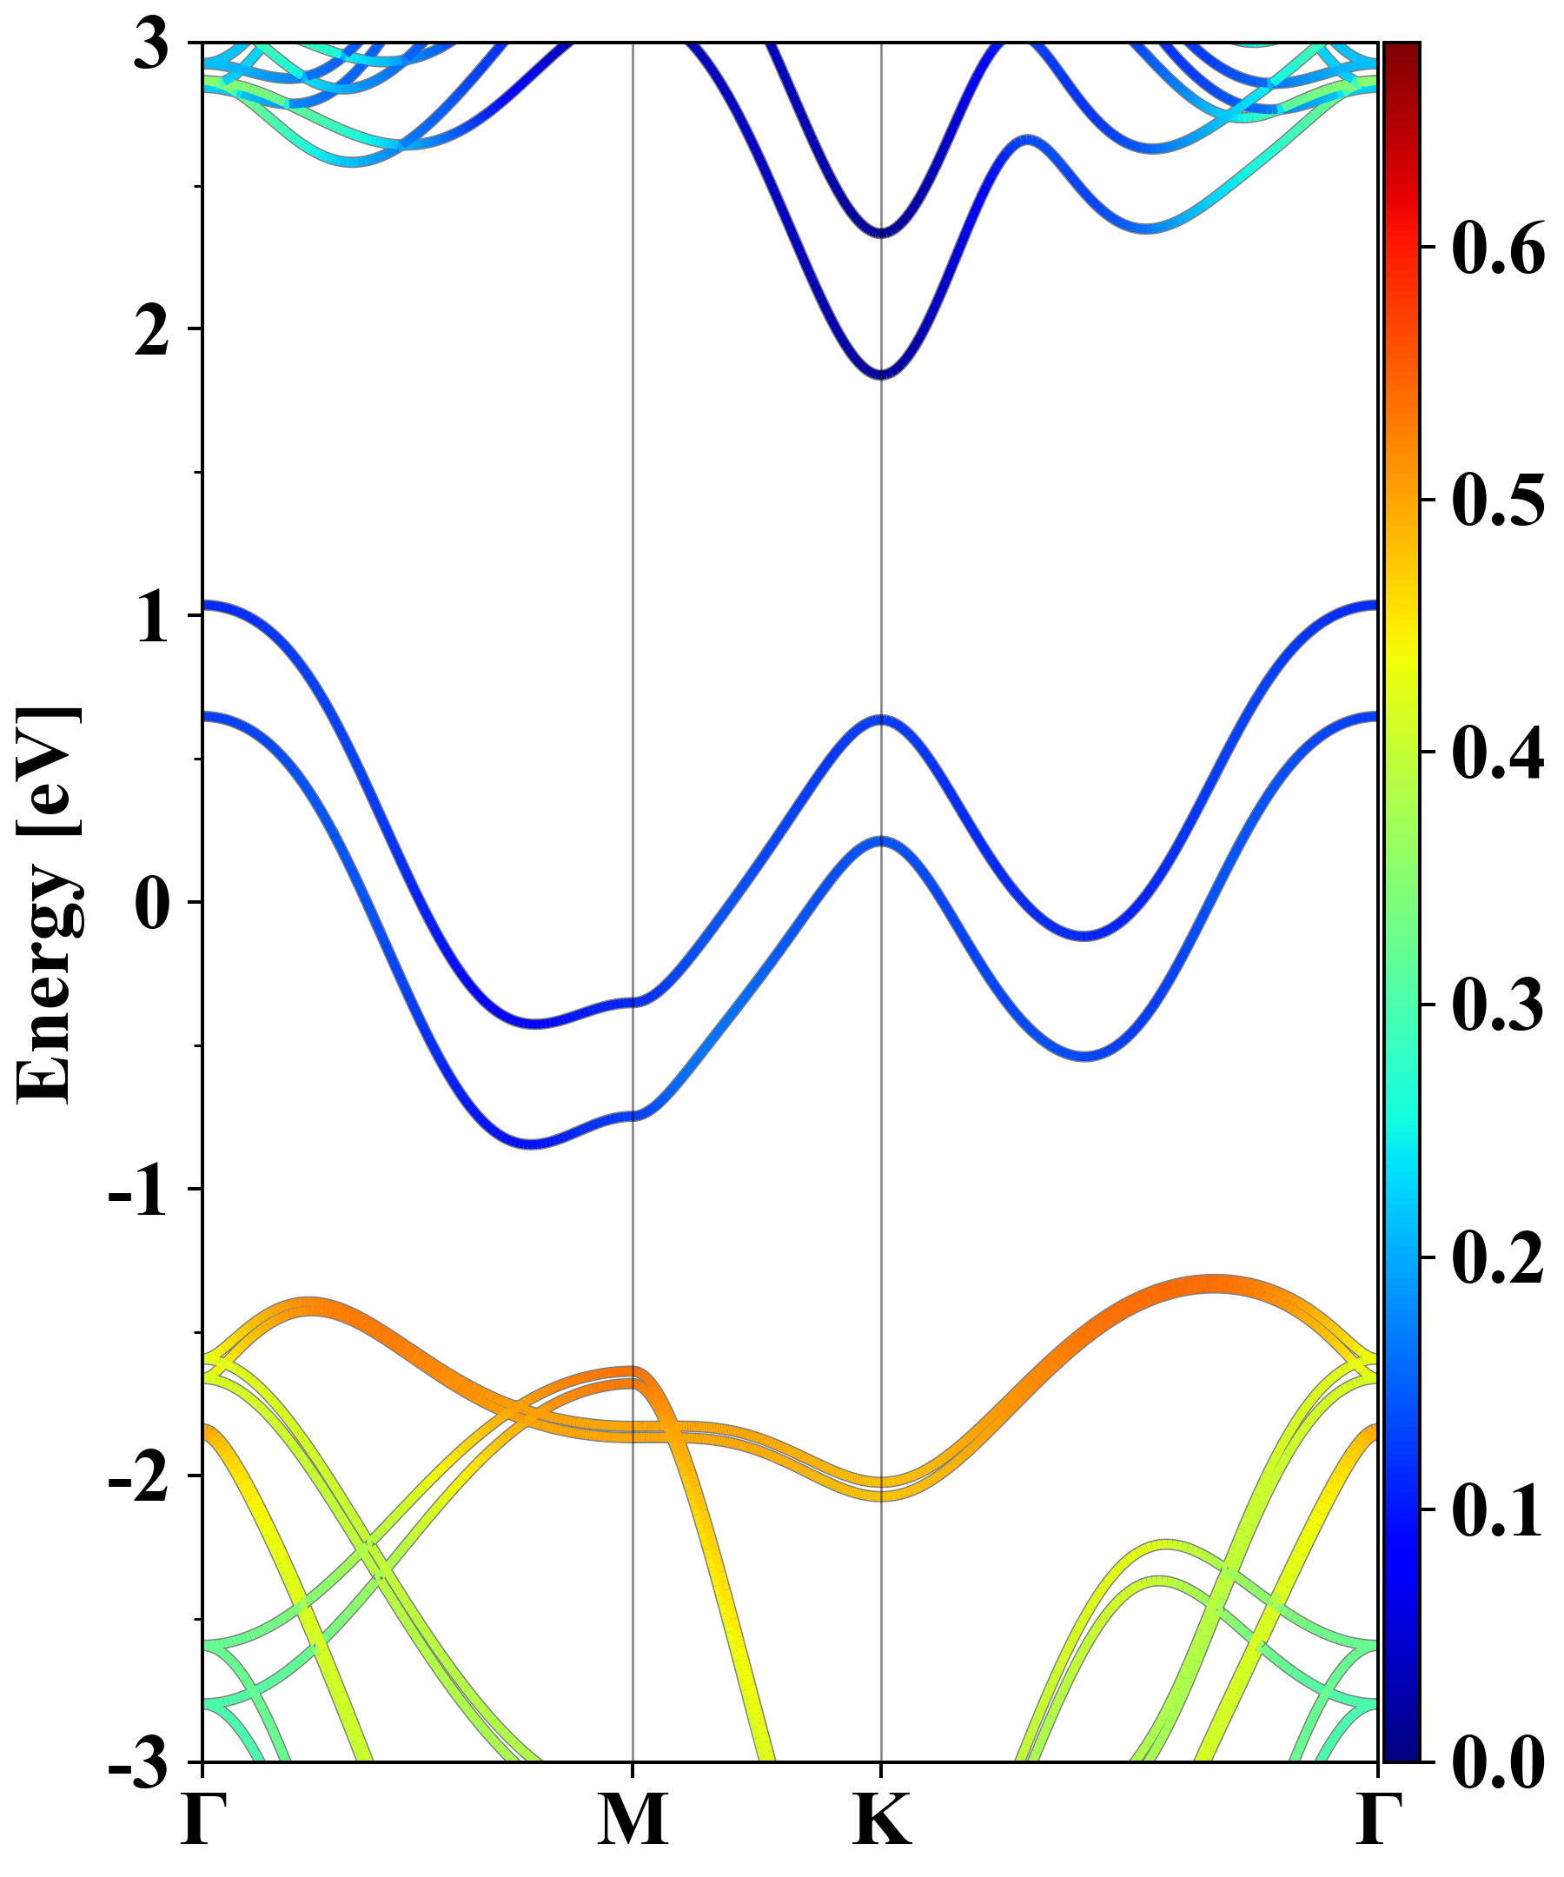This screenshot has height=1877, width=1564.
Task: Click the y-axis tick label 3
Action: pos(151,44)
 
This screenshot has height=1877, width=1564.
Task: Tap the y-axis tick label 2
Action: pos(151,331)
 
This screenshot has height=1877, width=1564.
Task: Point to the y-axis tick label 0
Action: pos(151,904)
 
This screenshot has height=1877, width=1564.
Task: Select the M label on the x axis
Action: pos(633,1820)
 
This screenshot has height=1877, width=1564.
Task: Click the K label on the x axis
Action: pos(882,1820)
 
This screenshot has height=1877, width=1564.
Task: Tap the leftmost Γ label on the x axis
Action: pos(200,1820)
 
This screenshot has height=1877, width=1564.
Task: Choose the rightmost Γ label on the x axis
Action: pos(1376,1820)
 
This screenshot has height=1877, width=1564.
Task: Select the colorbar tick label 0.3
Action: pos(1498,1005)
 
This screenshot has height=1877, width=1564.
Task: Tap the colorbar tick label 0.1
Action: pos(1498,1510)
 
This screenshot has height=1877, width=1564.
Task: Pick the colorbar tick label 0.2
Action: pos(1498,1257)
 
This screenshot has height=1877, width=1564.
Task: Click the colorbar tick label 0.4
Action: pos(1498,752)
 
